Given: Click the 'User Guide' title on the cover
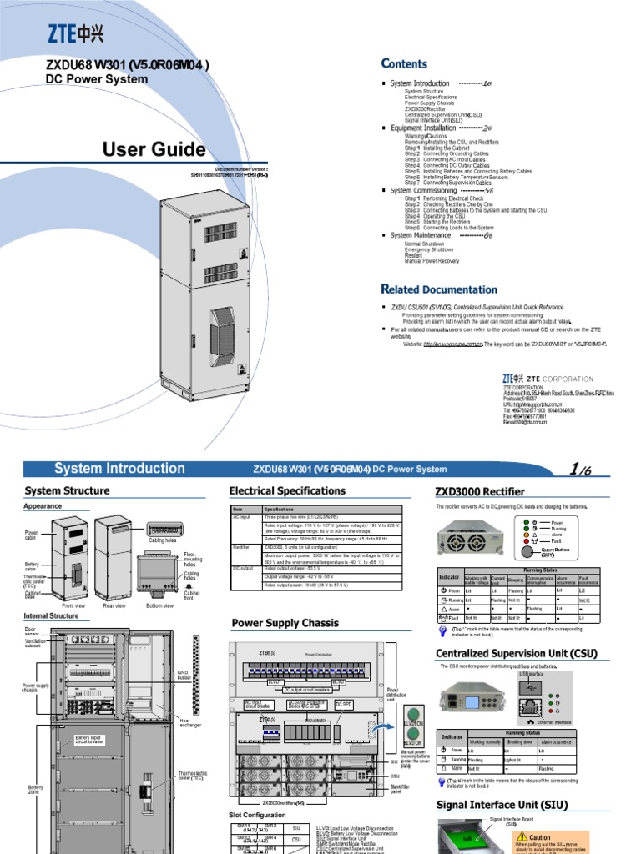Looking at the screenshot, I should (x=154, y=150).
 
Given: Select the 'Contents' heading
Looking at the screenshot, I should (x=404, y=64).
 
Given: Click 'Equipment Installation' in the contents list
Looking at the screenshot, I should (x=423, y=128).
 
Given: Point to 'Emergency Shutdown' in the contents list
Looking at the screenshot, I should (x=429, y=249).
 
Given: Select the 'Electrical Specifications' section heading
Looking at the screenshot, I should (x=287, y=491).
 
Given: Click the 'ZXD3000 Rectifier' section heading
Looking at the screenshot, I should (x=479, y=491).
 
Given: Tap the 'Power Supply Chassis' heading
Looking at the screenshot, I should (x=285, y=623).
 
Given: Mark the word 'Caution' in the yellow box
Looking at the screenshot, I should (x=540, y=837).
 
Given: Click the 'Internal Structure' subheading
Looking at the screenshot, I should (x=51, y=616).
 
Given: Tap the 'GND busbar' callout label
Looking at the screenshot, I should (x=185, y=675).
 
